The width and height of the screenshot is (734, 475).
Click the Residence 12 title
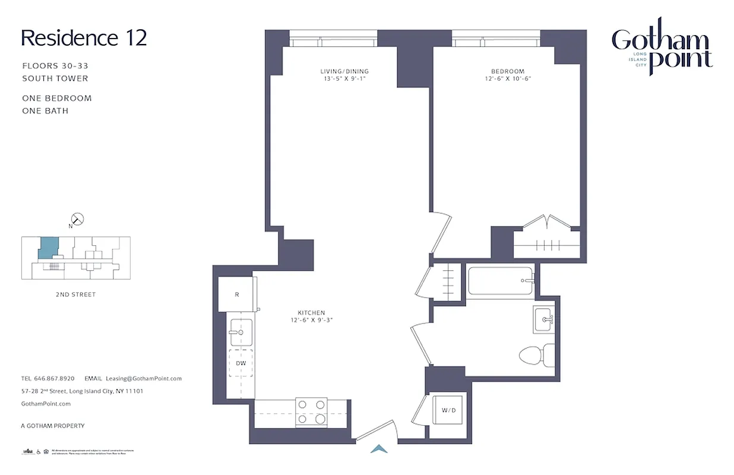(x=84, y=38)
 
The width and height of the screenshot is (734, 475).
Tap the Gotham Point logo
(x=662, y=50)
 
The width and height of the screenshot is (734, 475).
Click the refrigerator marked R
(x=236, y=294)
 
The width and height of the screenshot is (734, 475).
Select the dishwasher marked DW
(x=241, y=363)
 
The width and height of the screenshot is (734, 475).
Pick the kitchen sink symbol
(x=241, y=332)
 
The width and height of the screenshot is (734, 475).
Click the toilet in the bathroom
(x=536, y=354)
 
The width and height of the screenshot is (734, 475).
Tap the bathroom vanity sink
(x=544, y=320)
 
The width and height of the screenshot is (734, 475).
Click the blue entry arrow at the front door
(x=379, y=449)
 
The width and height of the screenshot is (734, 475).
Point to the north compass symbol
(x=77, y=220)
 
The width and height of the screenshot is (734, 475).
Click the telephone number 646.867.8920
(x=55, y=378)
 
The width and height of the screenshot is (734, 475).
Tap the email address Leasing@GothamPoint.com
(x=144, y=378)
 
